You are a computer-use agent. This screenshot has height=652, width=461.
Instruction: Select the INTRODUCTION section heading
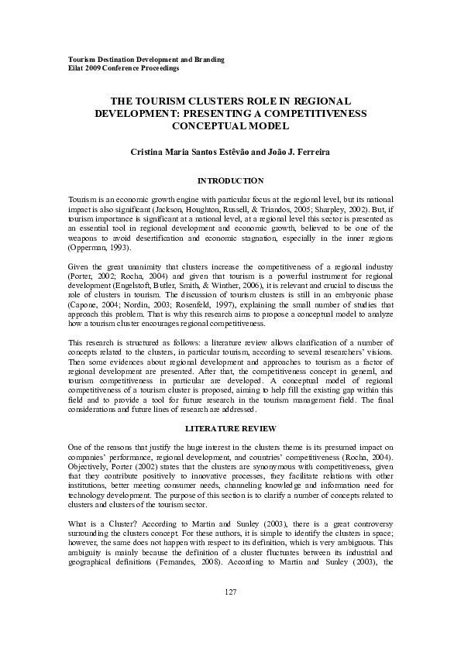[230, 180]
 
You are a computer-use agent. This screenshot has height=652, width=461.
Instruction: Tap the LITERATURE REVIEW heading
[230, 427]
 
